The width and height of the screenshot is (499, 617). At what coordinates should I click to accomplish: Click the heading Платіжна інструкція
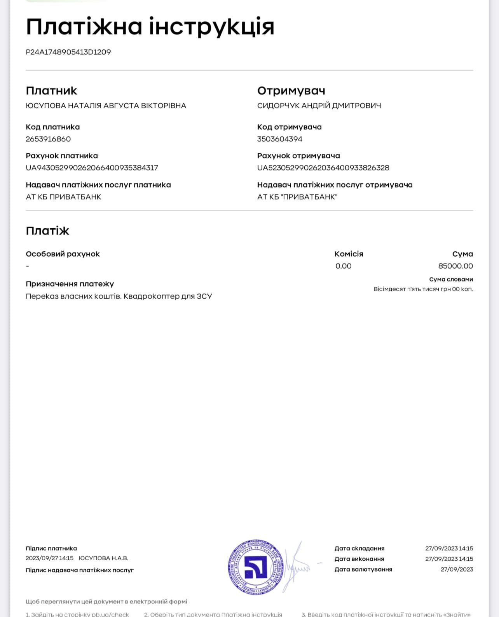coord(150,27)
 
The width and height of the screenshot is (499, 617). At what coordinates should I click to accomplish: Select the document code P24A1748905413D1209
coord(68,52)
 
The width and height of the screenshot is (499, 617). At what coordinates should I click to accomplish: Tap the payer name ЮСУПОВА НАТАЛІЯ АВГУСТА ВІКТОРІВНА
coord(106,106)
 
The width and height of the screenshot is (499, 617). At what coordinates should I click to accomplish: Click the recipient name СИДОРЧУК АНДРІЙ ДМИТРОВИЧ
coord(319,106)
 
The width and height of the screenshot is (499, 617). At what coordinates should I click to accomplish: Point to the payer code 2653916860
coord(48,139)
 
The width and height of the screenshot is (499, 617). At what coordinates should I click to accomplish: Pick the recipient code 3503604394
coord(280,139)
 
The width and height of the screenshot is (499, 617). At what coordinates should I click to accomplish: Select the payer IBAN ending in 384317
coord(92,168)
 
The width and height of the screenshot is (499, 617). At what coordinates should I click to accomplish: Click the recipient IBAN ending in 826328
coord(323,168)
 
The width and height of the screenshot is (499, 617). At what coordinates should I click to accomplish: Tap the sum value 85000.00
coord(455,266)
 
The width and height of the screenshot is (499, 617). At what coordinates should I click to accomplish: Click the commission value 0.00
coord(344,266)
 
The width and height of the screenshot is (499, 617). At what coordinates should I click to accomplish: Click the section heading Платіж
coord(47,231)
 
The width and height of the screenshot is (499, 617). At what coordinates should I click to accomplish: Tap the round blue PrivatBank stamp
coord(255,567)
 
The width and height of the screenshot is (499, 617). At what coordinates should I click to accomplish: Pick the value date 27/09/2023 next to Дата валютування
coord(457,569)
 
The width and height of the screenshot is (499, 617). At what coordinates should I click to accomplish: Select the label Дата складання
coord(359,548)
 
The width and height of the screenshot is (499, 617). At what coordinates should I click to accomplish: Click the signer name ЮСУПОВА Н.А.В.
coord(103,558)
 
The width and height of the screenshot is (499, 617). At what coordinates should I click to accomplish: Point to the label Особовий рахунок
coord(63,254)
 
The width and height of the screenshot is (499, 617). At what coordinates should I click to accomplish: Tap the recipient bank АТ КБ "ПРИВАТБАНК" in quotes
coord(297,197)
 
